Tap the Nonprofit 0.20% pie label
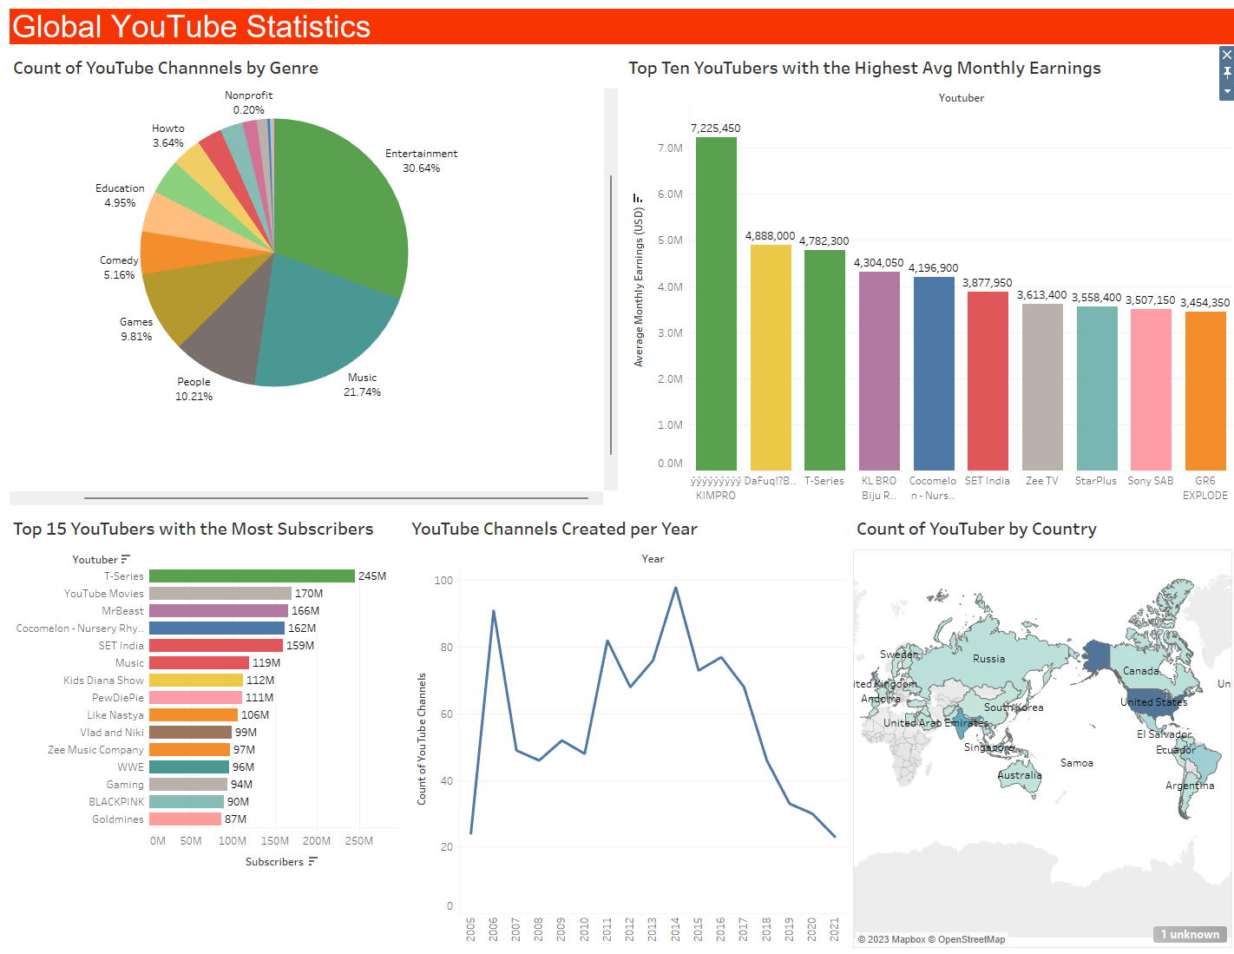click(x=249, y=102)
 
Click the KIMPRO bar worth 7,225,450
click(x=716, y=304)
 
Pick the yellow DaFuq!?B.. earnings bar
click(x=771, y=356)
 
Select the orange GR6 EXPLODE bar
click(x=1205, y=391)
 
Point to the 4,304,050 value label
click(x=878, y=263)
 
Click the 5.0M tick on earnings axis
click(x=670, y=240)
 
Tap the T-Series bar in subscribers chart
click(x=252, y=576)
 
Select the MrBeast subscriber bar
click(x=218, y=611)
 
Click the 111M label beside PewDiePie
click(x=259, y=698)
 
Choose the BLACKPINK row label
click(x=116, y=802)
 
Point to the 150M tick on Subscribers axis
click(x=275, y=841)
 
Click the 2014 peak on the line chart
click(x=675, y=589)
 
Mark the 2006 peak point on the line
click(x=494, y=611)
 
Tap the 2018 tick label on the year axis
click(x=766, y=929)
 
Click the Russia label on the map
click(x=988, y=659)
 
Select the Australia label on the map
click(x=1019, y=775)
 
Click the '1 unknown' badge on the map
click(x=1190, y=934)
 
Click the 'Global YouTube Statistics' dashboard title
click(x=192, y=27)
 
